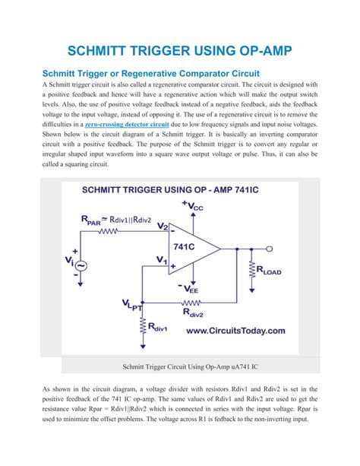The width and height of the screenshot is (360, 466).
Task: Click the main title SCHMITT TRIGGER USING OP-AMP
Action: [x=179, y=51]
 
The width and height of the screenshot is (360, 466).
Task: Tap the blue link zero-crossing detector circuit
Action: [x=127, y=122]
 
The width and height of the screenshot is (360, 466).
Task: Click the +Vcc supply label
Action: [x=192, y=206]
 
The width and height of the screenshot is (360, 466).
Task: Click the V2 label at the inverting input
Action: [x=162, y=226]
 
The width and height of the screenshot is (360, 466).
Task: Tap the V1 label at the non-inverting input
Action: [x=161, y=260]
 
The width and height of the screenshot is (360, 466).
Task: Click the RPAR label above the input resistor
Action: [x=90, y=220]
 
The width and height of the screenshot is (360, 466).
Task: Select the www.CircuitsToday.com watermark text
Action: [x=235, y=331]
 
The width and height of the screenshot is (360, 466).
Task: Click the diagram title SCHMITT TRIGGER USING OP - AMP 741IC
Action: [x=180, y=191]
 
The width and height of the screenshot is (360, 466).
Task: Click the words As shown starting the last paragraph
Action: [x=56, y=388]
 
